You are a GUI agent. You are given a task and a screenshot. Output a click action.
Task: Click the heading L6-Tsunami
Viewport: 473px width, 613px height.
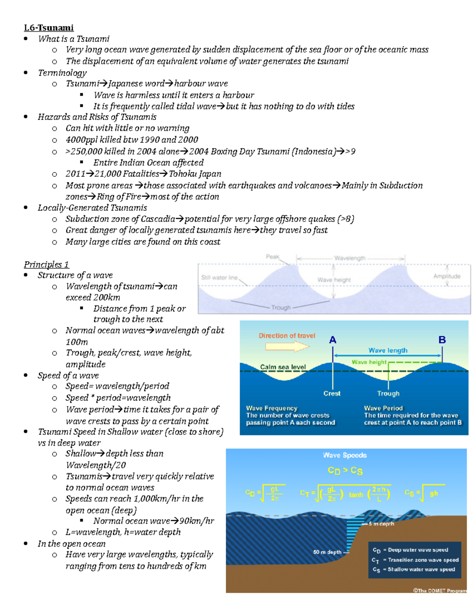48,28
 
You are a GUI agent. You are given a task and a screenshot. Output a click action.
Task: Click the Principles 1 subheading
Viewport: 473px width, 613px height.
46,264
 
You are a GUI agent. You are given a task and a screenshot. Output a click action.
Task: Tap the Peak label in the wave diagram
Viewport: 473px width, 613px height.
272,257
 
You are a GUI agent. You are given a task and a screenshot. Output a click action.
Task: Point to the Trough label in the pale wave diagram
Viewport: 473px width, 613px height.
281,307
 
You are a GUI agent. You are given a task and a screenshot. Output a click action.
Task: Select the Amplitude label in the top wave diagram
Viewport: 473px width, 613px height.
447,276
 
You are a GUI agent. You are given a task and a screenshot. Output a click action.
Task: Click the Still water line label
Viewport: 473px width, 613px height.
220,277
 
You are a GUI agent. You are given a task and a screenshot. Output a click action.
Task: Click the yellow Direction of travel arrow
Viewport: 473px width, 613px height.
287,347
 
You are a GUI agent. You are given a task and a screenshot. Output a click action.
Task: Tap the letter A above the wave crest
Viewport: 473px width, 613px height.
333,340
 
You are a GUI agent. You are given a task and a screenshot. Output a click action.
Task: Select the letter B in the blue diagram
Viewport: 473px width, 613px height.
442,340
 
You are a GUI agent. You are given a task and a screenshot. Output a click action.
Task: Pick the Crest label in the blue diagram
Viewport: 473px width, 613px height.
332,393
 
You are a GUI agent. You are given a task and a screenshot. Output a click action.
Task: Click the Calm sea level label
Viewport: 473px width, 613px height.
283,367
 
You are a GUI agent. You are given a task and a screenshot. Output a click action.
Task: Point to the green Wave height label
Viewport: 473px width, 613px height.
369,362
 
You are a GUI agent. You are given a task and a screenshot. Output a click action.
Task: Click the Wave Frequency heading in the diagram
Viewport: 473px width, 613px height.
272,408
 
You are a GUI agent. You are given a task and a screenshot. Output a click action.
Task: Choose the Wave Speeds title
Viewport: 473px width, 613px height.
345,455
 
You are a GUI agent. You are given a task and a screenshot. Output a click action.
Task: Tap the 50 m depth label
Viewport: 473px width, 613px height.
327,552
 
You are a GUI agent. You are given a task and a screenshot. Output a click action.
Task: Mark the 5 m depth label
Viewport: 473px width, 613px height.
381,524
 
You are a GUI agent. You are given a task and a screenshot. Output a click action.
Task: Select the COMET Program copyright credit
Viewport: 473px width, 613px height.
439,591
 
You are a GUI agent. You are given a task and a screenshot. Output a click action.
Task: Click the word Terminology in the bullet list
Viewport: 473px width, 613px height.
62,73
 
